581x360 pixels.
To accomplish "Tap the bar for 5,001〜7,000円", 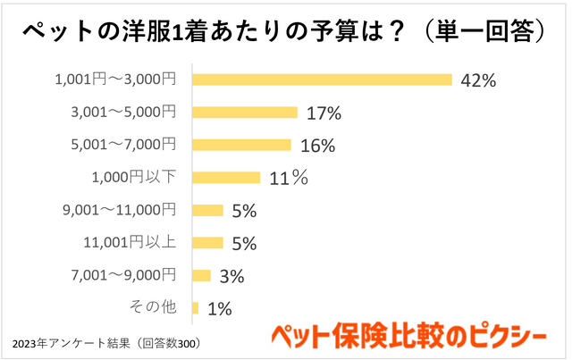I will [241, 145].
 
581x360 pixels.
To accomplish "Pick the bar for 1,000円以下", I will [226, 177].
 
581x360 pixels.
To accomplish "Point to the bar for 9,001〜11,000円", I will [207, 210].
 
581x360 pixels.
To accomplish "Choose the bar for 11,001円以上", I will [207, 242].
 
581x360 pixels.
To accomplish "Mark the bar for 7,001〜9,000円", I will [201, 275].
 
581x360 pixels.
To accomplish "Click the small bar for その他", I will [195, 308].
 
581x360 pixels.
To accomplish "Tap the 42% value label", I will [477, 80].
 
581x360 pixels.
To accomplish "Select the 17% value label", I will [323, 113].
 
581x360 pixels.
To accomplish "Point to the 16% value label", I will [317, 146].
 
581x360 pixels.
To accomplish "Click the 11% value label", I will [288, 178].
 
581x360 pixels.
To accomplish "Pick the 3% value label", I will [232, 276].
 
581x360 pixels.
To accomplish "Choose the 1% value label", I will [219, 309].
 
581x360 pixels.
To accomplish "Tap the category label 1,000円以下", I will [134, 177].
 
